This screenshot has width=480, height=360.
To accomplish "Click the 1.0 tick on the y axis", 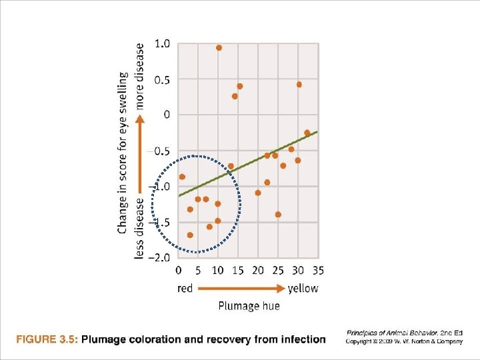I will pos(162,44).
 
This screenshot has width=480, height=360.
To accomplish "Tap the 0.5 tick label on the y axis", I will pos(162,80).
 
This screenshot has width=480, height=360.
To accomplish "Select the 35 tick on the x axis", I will pos(318,271).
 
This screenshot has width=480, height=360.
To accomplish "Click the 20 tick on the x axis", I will pos(258,271).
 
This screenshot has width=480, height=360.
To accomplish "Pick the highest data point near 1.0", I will pos(219,48).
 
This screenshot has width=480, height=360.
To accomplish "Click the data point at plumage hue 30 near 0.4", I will pos(299,85).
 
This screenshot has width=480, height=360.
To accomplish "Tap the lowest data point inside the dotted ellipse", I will pos(190,235).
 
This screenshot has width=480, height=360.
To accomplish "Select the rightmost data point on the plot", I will pos(307,133).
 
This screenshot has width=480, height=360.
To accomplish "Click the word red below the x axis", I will pos(185,289).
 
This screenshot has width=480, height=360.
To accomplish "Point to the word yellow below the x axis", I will pos(303,289).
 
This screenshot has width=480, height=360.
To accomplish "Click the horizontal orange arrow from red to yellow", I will pos(240,289).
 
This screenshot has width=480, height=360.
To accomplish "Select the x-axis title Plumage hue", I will pos(249,306).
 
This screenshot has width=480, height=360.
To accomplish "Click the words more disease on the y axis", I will pos(140,76).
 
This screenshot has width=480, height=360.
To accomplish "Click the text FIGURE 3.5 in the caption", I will pos(47,339).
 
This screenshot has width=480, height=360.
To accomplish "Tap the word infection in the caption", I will pos(304,339).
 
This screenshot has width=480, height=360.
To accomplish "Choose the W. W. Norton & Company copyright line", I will pos(404,342).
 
